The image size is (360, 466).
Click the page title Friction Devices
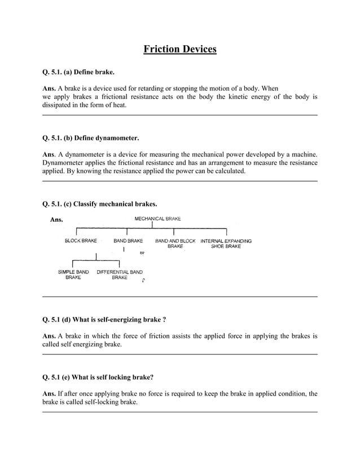coord(179,49)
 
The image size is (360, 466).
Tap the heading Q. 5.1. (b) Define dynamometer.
coord(90,138)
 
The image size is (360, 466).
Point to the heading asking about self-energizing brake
coord(104,319)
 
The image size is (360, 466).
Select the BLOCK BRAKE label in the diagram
coord(81,241)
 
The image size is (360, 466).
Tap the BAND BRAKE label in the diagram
coord(128,241)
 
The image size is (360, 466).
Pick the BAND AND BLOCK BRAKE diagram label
coord(175,244)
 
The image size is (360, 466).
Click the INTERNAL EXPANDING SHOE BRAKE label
coord(226,244)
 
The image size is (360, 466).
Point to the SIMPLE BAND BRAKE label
coord(73,275)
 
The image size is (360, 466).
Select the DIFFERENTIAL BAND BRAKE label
coord(120,275)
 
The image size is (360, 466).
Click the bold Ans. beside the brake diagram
coord(57,220)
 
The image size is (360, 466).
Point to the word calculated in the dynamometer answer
coord(227,171)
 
